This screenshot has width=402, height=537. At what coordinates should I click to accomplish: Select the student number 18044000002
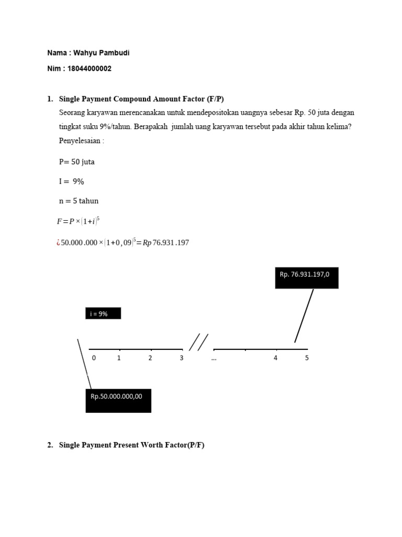click(x=90, y=69)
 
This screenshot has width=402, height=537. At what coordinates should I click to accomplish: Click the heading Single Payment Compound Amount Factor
click(x=141, y=99)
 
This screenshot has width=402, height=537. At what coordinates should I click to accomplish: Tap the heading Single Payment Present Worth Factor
click(x=131, y=445)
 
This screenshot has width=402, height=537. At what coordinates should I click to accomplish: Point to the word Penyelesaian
click(x=82, y=141)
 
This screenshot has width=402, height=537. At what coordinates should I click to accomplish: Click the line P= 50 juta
click(x=77, y=162)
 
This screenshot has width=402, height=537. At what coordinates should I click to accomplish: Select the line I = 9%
click(x=72, y=181)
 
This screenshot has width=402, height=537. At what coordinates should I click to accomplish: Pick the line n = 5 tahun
click(x=79, y=201)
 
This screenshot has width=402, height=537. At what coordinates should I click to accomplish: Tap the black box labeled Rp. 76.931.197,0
click(x=307, y=277)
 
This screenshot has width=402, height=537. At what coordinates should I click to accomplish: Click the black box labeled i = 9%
click(x=103, y=314)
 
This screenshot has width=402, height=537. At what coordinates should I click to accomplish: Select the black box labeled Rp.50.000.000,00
click(x=118, y=400)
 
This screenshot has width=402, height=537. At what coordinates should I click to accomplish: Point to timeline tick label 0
click(x=94, y=359)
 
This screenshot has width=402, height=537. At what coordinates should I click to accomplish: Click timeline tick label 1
click(x=119, y=359)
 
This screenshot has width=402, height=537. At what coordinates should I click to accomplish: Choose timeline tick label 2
click(x=150, y=359)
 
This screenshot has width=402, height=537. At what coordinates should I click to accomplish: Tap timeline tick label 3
click(x=182, y=359)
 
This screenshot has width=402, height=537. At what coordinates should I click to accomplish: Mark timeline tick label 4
click(x=275, y=359)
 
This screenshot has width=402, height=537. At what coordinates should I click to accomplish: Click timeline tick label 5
click(x=307, y=359)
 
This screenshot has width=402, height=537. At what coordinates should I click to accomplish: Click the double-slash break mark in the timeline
click(x=198, y=342)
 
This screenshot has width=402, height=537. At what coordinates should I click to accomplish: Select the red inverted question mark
click(x=58, y=243)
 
